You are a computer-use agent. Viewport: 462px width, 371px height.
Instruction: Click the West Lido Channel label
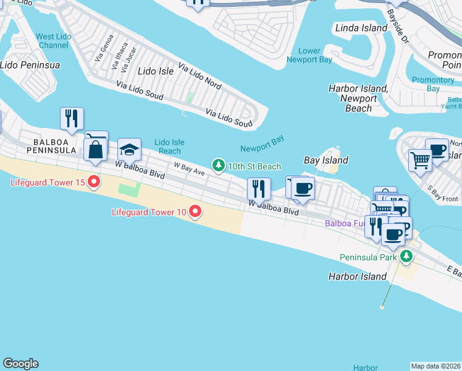[54, 41]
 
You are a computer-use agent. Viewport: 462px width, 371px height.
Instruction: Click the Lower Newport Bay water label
[309, 55]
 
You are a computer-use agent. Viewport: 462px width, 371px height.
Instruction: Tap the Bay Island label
[326, 160]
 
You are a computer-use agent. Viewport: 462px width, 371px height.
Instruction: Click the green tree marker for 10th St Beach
[218, 166]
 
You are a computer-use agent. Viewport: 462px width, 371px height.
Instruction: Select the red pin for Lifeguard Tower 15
[94, 182]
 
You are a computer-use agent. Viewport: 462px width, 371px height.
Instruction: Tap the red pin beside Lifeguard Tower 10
[195, 212]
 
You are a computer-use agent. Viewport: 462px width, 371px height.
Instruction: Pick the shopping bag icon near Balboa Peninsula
[96, 150]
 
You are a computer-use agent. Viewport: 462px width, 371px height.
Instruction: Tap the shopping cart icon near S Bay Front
[419, 160]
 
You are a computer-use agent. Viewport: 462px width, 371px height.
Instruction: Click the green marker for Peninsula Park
[406, 256]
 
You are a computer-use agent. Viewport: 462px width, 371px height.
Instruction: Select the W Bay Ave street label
[189, 168]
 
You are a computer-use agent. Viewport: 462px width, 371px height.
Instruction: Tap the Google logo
[20, 364]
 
